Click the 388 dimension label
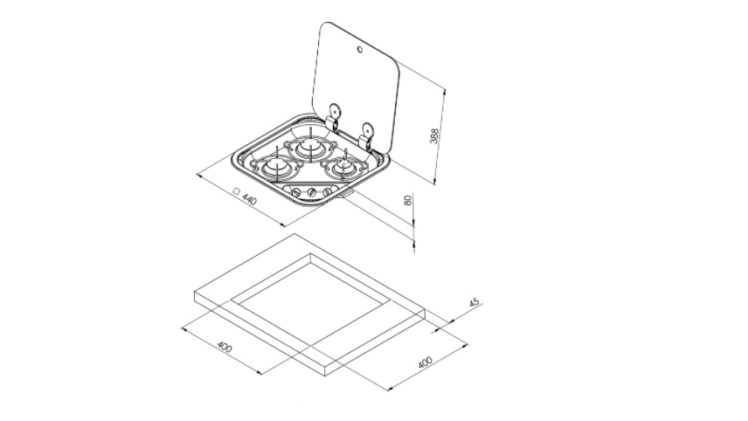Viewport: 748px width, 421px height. click(x=434, y=136)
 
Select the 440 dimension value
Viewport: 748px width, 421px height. click(x=250, y=199)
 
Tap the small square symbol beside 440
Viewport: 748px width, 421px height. click(x=236, y=191)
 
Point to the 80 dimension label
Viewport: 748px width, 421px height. click(x=408, y=200)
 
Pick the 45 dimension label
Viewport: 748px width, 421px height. click(x=474, y=303)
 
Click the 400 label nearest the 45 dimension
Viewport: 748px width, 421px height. click(x=425, y=362)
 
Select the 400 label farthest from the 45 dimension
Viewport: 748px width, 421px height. click(x=225, y=347)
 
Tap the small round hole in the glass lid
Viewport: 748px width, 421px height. click(x=359, y=50)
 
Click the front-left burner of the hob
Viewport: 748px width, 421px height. click(x=276, y=167)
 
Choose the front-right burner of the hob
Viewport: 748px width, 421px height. click(x=343, y=167)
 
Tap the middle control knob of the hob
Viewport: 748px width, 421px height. click(x=311, y=192)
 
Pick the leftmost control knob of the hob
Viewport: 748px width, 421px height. click(x=296, y=192)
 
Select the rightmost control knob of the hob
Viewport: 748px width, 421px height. click(x=327, y=192)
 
